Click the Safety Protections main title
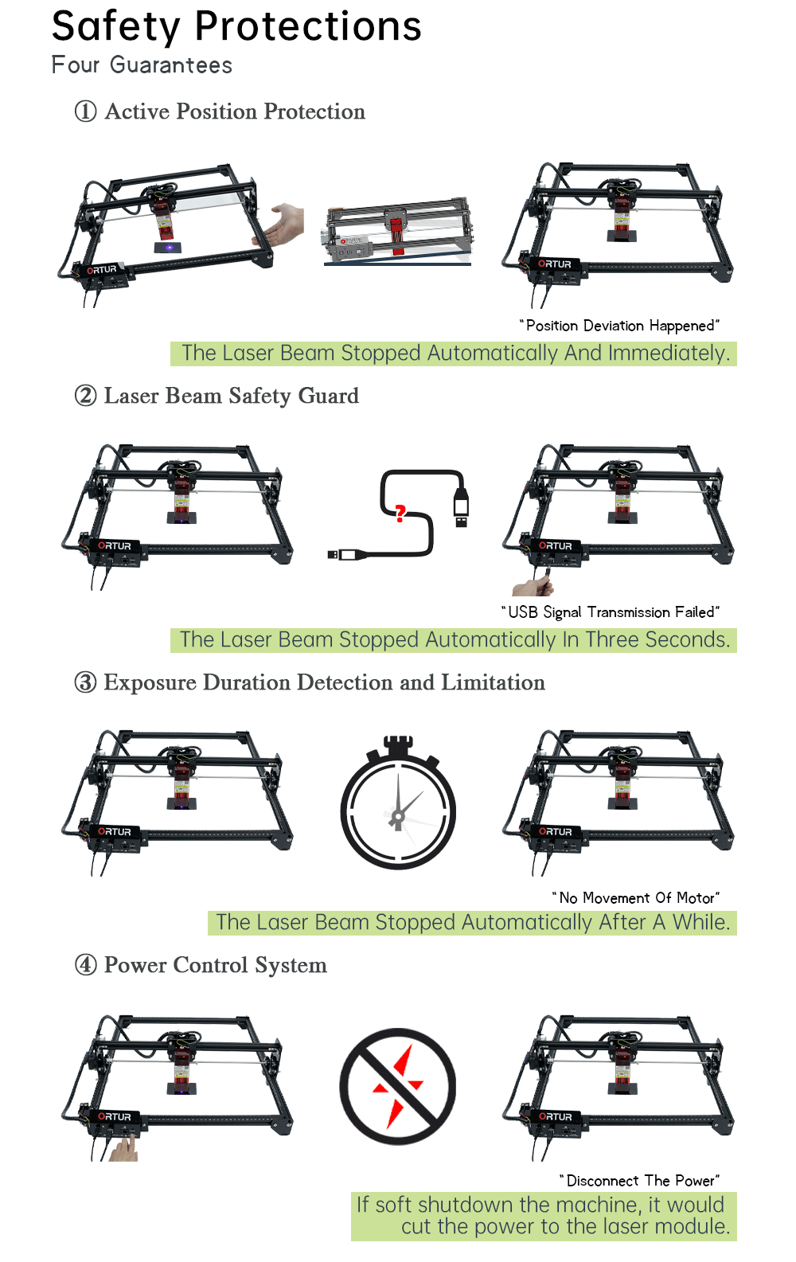click(236, 27)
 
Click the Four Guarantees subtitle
click(142, 65)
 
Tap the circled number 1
click(86, 111)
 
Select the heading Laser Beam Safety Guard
click(231, 396)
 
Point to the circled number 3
click(86, 682)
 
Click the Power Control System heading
click(215, 965)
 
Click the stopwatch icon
click(398, 804)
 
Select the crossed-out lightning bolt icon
click(398, 1087)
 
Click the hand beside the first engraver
click(285, 224)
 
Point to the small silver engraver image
click(397, 232)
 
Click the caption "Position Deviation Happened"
click(619, 326)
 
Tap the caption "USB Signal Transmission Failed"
click(611, 612)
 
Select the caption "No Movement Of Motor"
click(636, 898)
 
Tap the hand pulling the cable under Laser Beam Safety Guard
click(532, 587)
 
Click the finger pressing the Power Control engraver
click(123, 1149)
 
